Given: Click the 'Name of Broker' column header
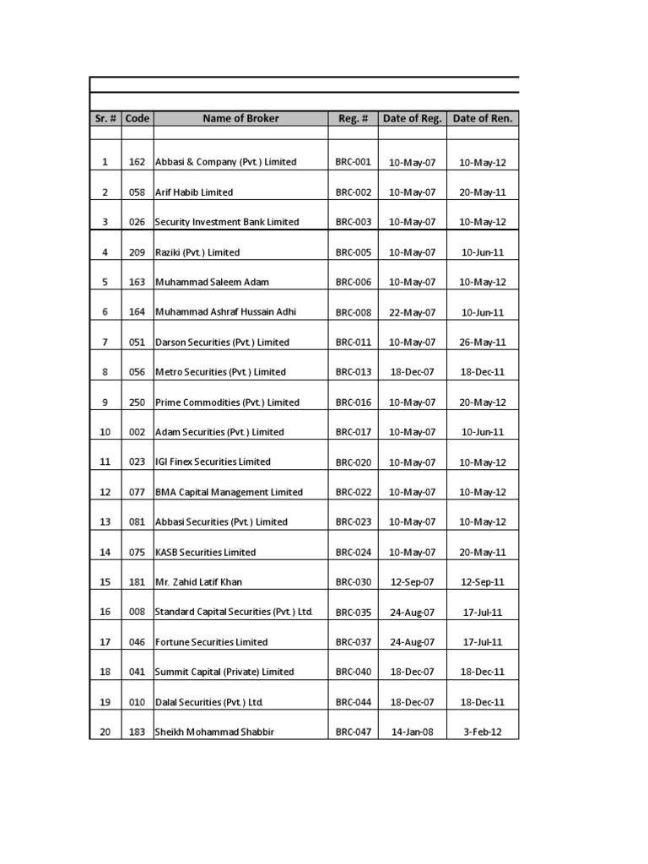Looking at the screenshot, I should [x=240, y=119].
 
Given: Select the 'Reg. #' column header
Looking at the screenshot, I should [x=354, y=119].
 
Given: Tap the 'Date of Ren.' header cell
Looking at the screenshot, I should [x=483, y=119].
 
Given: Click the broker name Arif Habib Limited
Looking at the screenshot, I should [x=194, y=192].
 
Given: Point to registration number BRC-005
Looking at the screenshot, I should [x=354, y=252].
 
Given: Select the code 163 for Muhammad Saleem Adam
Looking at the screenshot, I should [x=138, y=282].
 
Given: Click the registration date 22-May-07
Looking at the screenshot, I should [x=413, y=312].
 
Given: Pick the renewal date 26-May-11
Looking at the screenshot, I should [x=483, y=343].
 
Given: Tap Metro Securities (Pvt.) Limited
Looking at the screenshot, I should [x=221, y=372].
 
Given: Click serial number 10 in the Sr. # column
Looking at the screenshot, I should [x=105, y=432].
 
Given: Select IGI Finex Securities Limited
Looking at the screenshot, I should [x=213, y=462].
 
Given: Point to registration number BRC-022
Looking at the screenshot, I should [x=354, y=492].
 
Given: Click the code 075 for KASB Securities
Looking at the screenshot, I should [x=138, y=552].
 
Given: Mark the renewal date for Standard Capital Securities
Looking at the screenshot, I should [x=483, y=613].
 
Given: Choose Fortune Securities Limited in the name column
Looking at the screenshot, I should [x=212, y=642].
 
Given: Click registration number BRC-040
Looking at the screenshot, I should [x=354, y=672].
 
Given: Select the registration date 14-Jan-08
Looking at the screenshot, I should [x=413, y=732].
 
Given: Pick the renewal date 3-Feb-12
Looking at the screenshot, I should [x=483, y=732].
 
